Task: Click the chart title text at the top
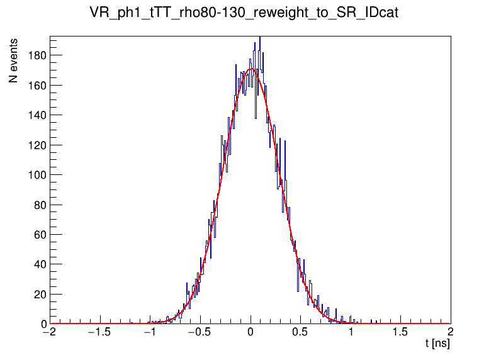(x=250, y=13)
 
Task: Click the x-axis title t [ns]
(x=437, y=344)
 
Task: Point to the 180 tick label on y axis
(x=38, y=55)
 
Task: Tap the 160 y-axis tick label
(x=38, y=85)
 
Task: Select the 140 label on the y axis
(x=38, y=115)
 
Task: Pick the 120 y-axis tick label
(x=38, y=145)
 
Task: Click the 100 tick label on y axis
(x=38, y=175)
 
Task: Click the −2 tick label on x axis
(x=48, y=332)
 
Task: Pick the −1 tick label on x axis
(x=149, y=332)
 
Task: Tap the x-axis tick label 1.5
(x=400, y=332)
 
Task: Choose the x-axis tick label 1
(x=351, y=332)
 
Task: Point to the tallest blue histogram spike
(x=259, y=38)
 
